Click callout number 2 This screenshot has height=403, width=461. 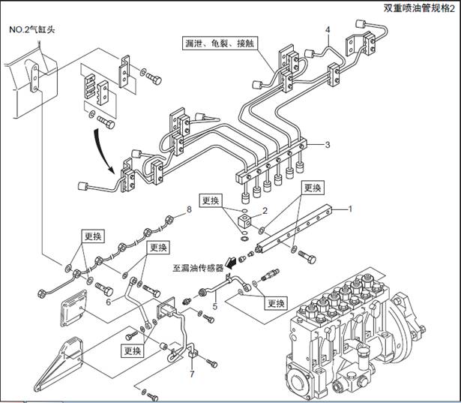pos(264,212)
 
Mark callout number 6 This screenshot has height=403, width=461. pos(109,301)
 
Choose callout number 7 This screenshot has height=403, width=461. pos(192,373)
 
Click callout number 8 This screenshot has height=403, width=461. pos(190,211)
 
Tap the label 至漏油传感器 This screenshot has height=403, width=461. pos(194,266)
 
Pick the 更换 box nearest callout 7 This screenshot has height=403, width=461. pos(133,350)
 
